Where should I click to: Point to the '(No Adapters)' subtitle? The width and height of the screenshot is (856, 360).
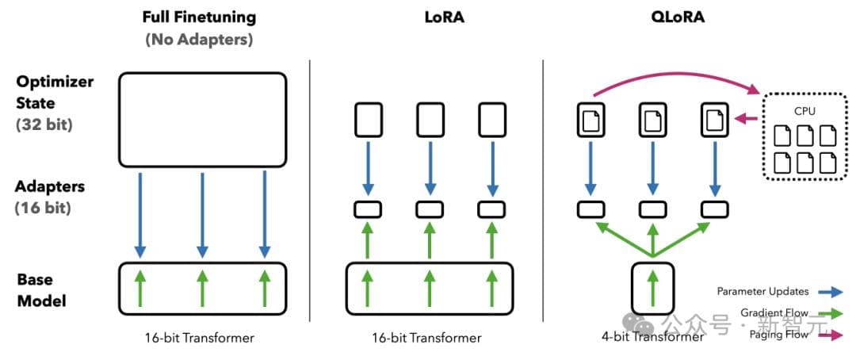[201, 39]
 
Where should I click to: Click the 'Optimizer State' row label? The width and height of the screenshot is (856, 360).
[55, 92]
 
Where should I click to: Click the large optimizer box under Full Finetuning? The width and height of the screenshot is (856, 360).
[201, 119]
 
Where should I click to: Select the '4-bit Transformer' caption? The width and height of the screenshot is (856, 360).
[652, 337]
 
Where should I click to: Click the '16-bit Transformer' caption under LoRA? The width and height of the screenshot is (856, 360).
[426, 338]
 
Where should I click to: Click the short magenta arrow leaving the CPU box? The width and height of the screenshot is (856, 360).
[746, 120]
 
